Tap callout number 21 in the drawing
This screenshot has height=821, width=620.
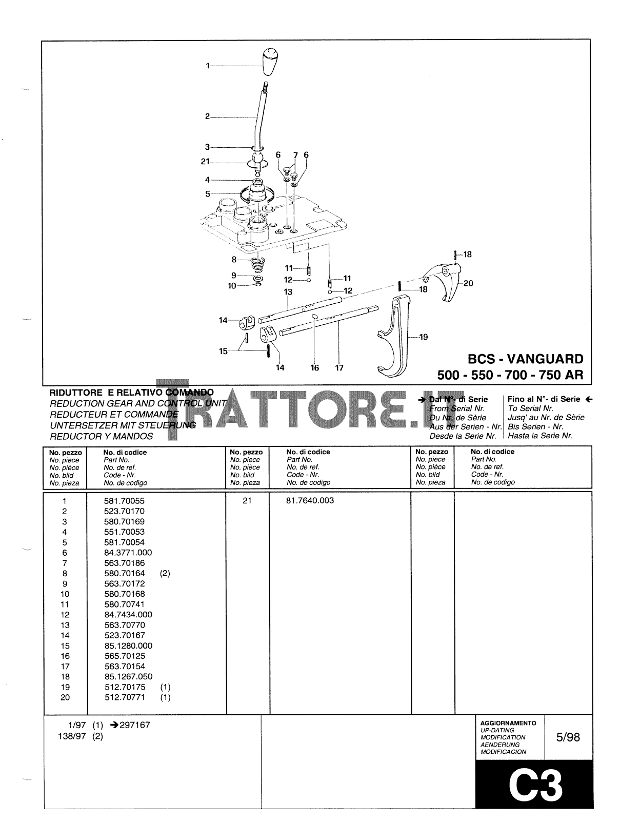click(x=206, y=162)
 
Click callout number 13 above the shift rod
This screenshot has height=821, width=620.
click(x=288, y=292)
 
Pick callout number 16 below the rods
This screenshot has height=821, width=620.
click(x=314, y=367)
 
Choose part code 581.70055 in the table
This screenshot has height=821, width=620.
click(x=124, y=501)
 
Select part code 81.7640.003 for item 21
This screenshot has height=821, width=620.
click(x=310, y=500)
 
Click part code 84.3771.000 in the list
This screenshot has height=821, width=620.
click(x=128, y=553)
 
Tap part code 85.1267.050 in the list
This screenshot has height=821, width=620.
click(x=128, y=677)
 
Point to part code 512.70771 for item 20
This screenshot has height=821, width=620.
click(x=124, y=697)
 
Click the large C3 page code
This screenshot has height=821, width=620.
click(x=535, y=785)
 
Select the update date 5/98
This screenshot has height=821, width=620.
click(x=568, y=737)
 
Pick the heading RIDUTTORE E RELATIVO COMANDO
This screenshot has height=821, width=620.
click(x=131, y=393)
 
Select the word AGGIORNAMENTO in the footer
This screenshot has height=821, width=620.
click(x=508, y=723)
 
